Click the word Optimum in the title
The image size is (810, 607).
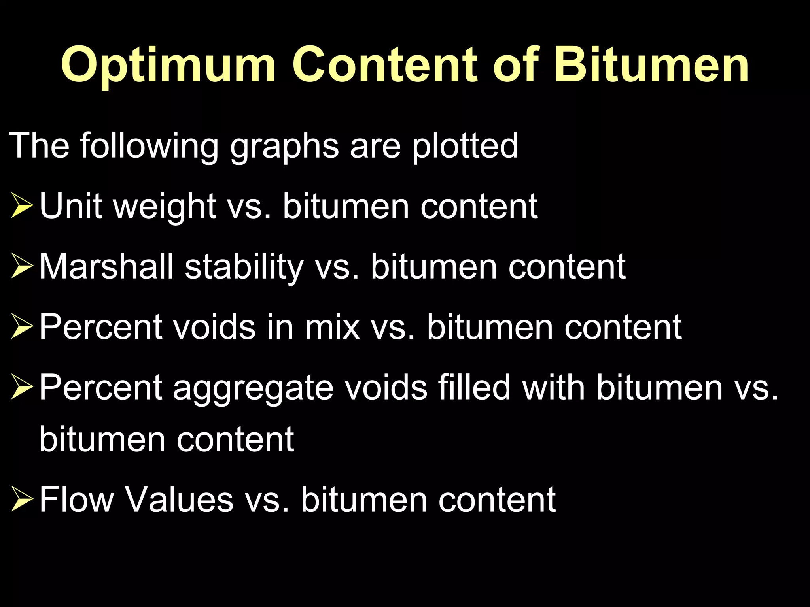click(168, 65)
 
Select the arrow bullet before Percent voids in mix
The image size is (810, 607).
click(22, 327)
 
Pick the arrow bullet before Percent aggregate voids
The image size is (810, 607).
click(22, 388)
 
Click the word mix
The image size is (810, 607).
click(332, 327)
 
